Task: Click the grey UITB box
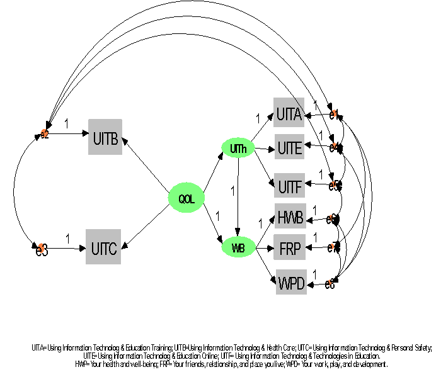[105, 137]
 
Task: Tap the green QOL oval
[186, 198]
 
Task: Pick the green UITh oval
[238, 149]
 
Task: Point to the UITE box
[289, 149]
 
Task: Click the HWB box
[289, 218]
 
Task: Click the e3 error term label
[41, 249]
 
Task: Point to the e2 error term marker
[44, 134]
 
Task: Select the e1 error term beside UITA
[334, 114]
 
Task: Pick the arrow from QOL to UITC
[146, 225]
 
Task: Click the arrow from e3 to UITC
[66, 248]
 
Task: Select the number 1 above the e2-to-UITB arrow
[67, 123]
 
